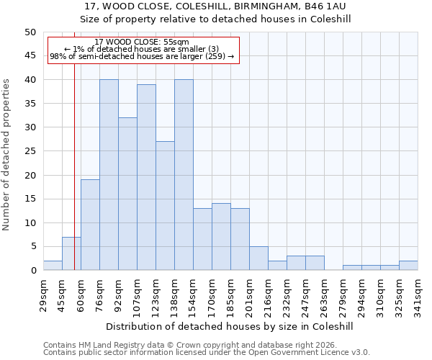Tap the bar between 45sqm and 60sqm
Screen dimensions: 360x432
click(71, 253)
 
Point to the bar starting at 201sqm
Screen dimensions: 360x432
click(258, 258)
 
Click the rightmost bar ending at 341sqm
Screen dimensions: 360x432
click(408, 266)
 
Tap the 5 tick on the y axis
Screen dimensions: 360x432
click(33, 246)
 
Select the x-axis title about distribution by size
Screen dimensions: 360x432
click(230, 326)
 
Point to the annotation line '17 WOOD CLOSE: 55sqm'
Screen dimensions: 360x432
click(142, 42)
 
